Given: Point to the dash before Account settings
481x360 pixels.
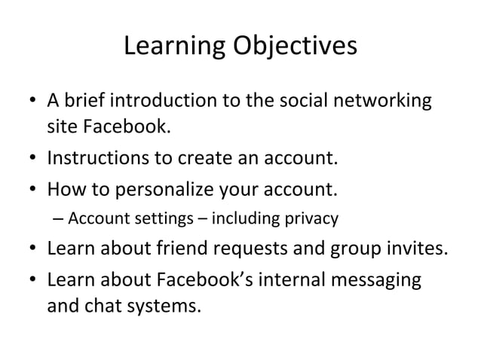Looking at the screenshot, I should tap(59, 220).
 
